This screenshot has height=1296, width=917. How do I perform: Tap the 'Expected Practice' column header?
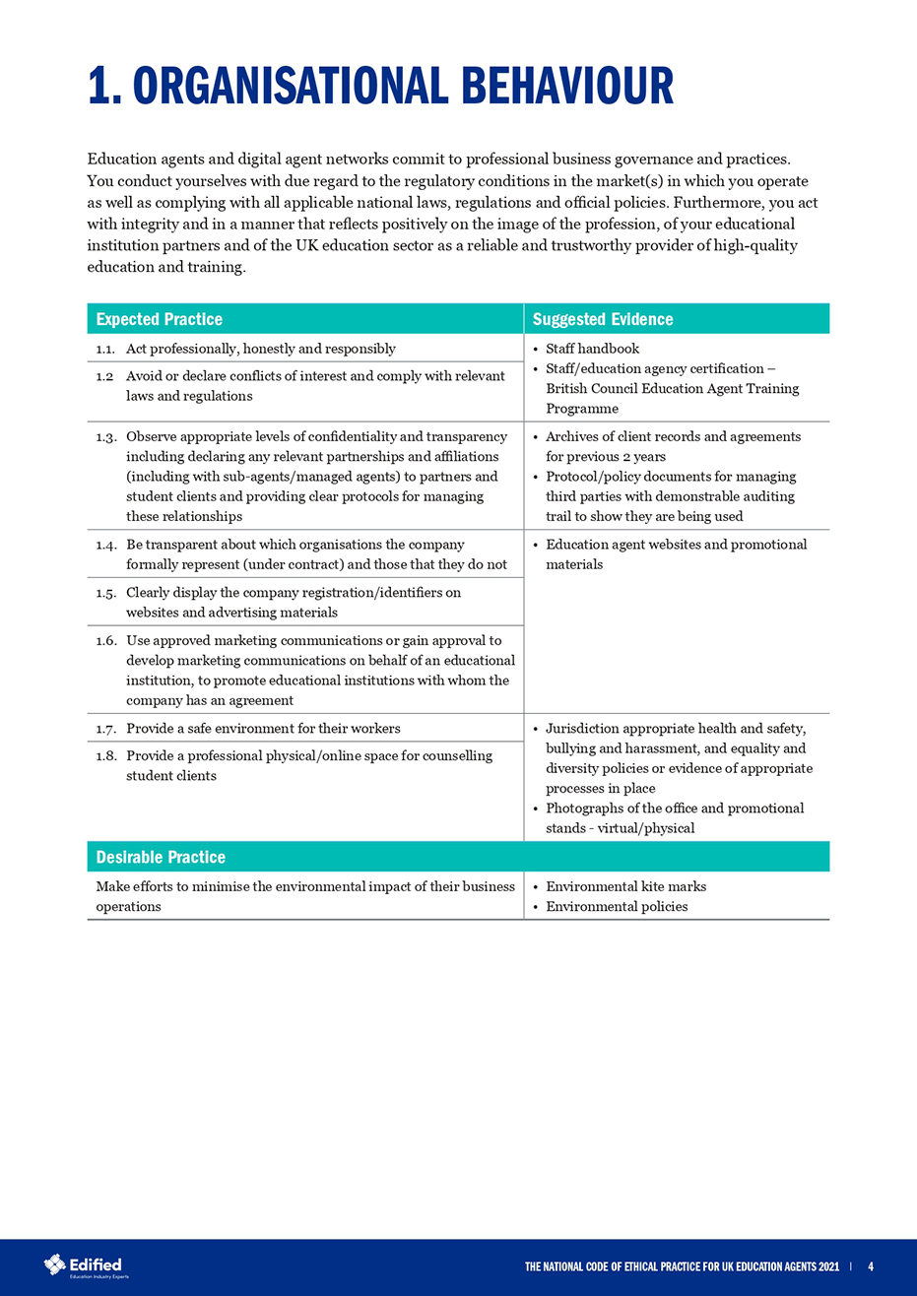159,319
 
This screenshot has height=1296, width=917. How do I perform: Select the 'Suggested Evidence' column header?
603,319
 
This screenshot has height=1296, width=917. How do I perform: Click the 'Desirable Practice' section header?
161,857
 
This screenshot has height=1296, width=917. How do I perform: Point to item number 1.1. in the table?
106,349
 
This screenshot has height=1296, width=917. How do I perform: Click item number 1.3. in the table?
106,436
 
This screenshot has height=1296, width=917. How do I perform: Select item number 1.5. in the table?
106,592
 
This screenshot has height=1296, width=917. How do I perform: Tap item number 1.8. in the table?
106,755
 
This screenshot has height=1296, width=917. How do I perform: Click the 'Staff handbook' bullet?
592,349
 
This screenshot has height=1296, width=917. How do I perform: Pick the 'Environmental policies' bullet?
617,906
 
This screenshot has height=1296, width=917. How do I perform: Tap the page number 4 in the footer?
871,1266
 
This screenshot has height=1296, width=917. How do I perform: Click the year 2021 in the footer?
826,1266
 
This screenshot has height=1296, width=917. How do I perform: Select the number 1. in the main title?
103,87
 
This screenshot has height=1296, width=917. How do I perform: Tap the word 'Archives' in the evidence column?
574,436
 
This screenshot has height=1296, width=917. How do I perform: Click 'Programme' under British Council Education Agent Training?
582,408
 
